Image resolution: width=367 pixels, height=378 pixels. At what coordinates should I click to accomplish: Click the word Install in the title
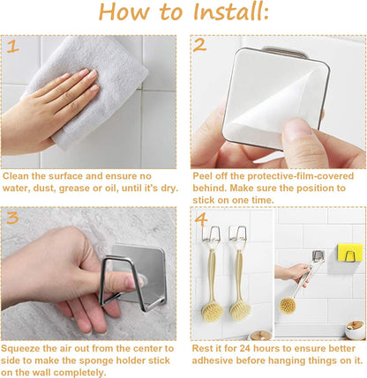click(x=231, y=11)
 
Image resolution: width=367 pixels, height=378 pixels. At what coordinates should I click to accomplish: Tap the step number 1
click(x=12, y=47)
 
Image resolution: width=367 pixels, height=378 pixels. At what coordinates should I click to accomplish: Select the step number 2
click(x=200, y=45)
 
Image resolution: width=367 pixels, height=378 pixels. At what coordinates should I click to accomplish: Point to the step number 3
click(x=12, y=218)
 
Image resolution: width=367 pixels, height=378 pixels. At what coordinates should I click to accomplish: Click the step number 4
click(x=201, y=219)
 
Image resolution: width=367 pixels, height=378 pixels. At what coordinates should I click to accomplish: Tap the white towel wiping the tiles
click(x=91, y=88)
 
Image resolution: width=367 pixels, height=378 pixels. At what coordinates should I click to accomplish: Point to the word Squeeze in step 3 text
click(x=20, y=349)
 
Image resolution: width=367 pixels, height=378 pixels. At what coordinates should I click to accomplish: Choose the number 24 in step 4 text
click(x=245, y=349)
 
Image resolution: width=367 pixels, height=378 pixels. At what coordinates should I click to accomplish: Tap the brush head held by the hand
click(x=288, y=306)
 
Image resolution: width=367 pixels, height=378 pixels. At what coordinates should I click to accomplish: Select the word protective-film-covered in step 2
click(x=300, y=176)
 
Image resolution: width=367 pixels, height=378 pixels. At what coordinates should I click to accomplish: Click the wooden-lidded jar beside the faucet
click(x=355, y=330)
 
